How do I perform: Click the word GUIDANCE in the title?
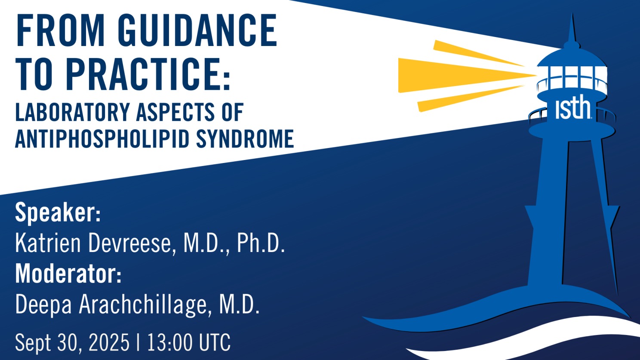pos(197,30)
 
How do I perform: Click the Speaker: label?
pos(58,213)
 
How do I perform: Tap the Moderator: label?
pos(68,274)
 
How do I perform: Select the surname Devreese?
pos(132,243)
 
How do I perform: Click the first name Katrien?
pos(48,243)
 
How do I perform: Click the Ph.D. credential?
pos(261,243)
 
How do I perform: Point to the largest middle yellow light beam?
pos(466,75)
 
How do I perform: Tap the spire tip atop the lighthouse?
pos(572,14)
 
